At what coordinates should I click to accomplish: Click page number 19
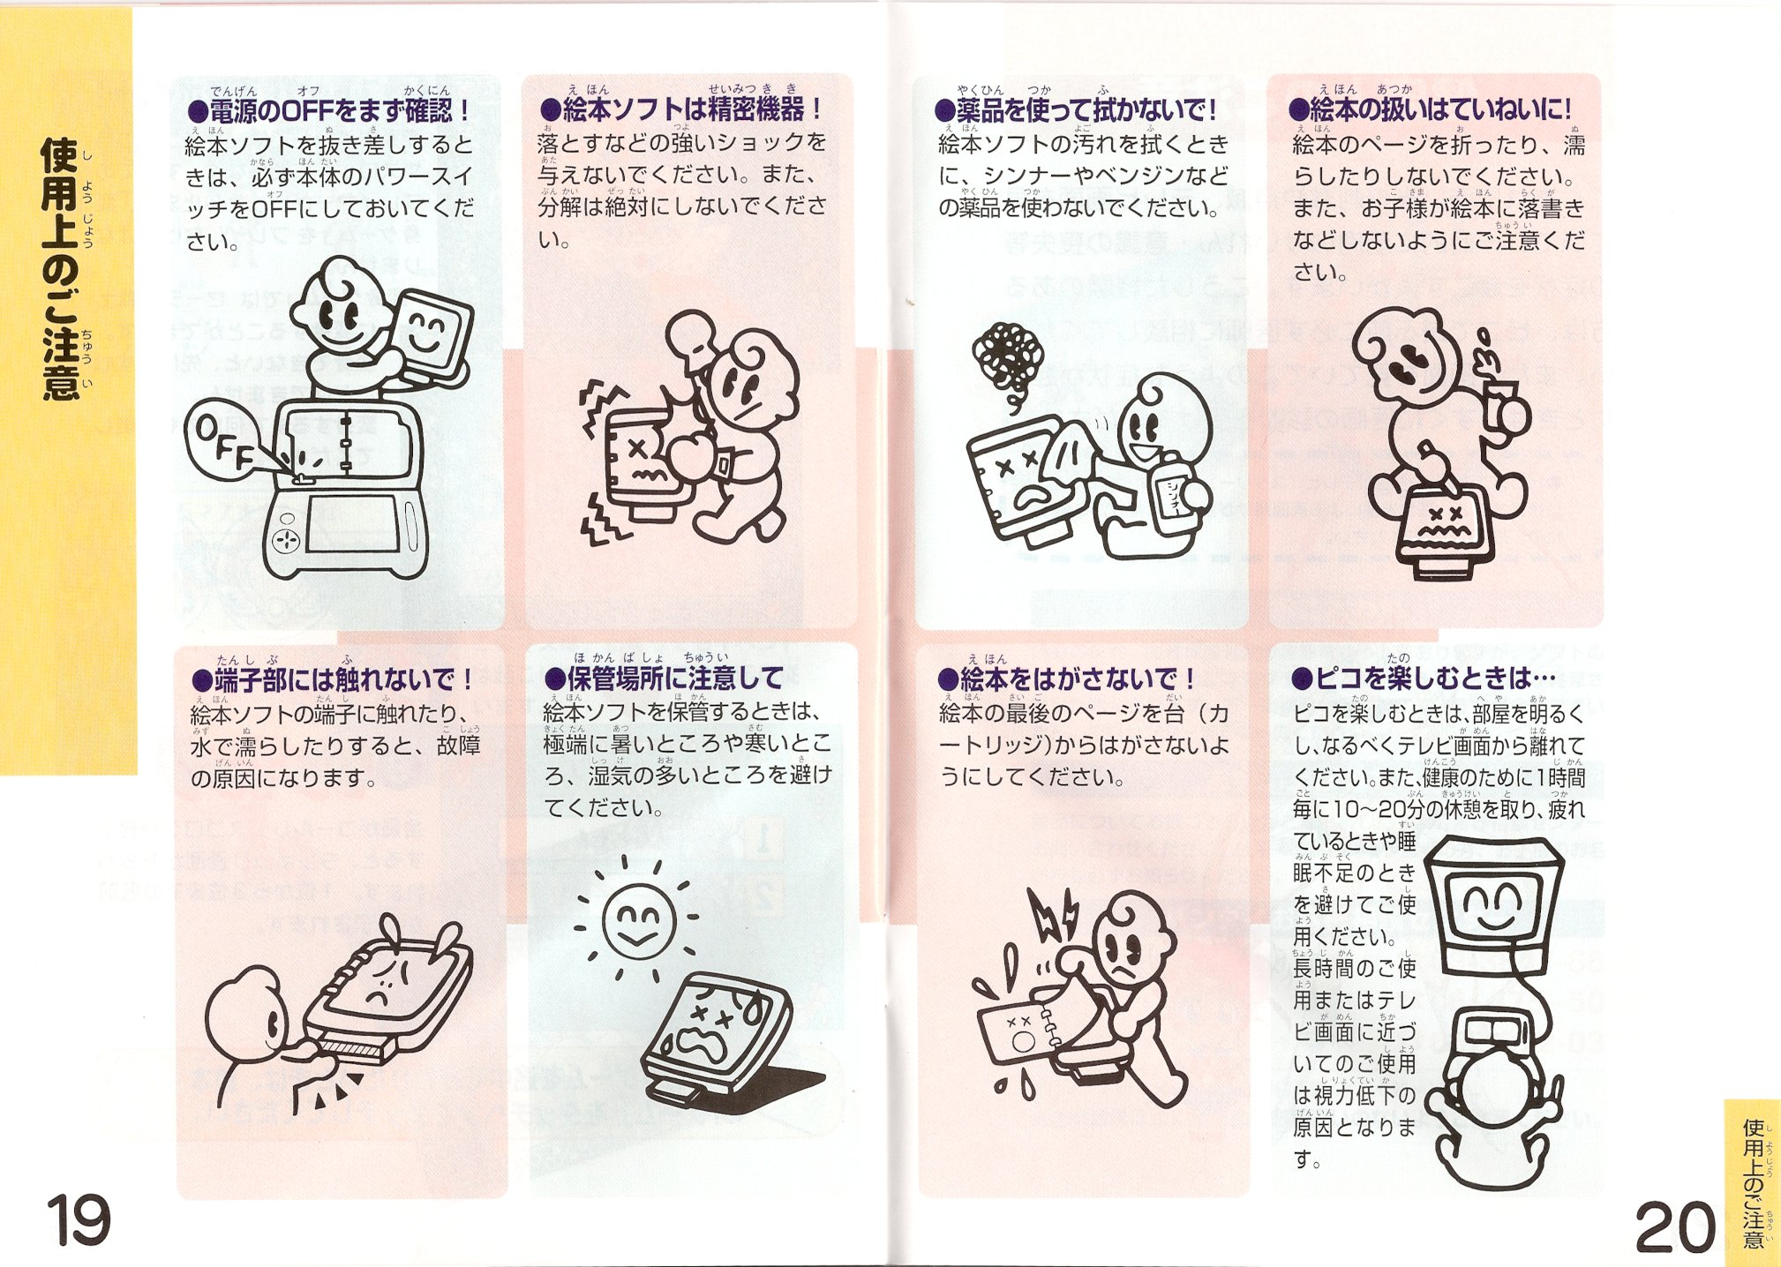tap(79, 1219)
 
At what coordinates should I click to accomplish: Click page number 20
tap(1675, 1226)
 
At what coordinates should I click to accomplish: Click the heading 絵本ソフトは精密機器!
tap(681, 109)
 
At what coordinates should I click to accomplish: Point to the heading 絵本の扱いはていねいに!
tap(1431, 109)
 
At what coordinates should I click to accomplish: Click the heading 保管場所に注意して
tap(664, 678)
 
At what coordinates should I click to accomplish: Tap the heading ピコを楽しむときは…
tap(1424, 678)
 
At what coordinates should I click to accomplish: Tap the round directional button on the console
tap(285, 539)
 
